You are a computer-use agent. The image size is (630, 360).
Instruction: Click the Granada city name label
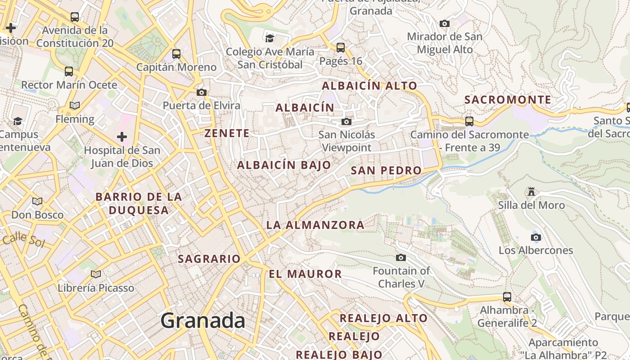[202, 320]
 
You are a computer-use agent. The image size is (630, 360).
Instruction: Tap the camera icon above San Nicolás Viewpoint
[346, 121]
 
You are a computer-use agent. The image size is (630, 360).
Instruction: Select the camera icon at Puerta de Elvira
[201, 93]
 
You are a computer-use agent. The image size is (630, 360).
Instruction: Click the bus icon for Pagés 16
[341, 47]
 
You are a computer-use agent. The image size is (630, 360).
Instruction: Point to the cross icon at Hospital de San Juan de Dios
[121, 137]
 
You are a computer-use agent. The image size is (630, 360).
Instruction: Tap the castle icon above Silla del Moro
[531, 192]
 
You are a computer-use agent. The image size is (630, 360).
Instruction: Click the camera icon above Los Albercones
[535, 237]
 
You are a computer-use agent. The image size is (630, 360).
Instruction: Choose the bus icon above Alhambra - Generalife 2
[507, 297]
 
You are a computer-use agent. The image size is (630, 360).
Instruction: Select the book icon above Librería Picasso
[95, 274]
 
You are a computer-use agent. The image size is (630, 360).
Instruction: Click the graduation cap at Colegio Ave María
[270, 38]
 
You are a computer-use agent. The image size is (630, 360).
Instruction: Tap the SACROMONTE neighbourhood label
[508, 100]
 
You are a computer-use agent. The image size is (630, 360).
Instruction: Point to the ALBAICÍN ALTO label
[369, 85]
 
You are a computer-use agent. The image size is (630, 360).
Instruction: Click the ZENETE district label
[227, 133]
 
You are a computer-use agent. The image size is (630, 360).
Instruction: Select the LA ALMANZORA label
[315, 225]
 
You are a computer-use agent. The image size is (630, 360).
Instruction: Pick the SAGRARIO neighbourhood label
[209, 259]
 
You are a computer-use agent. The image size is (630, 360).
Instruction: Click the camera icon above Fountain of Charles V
[400, 257]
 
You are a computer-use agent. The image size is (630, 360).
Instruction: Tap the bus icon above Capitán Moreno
[176, 54]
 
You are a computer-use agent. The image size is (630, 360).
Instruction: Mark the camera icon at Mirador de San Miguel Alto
[444, 23]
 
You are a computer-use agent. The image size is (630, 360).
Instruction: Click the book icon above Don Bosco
[37, 201]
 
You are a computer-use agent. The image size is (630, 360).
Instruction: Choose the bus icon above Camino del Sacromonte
[469, 121]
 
